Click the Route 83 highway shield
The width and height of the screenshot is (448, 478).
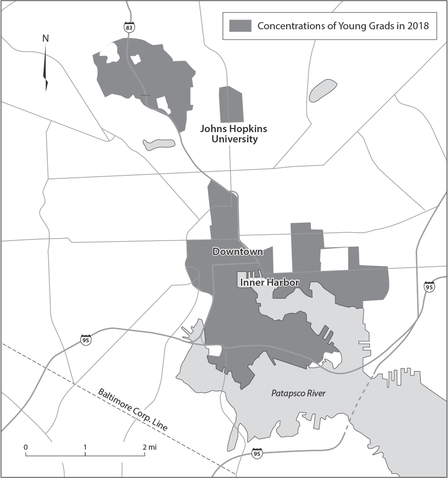pyautogui.click(x=128, y=26)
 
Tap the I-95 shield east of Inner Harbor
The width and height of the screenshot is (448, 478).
pyautogui.click(x=429, y=287)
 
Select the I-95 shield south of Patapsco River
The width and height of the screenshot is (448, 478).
pyautogui.click(x=257, y=453)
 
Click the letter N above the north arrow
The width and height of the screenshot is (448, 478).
pyautogui.click(x=45, y=38)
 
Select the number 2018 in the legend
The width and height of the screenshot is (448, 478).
pyautogui.click(x=417, y=26)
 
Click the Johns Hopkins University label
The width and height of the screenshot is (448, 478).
pyautogui.click(x=233, y=134)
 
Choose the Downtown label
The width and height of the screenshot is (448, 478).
pyautogui.click(x=237, y=252)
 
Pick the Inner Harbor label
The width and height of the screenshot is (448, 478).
pyautogui.click(x=269, y=282)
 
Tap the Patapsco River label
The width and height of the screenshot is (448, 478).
pyautogui.click(x=298, y=393)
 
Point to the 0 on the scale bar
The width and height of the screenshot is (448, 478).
pyautogui.click(x=25, y=447)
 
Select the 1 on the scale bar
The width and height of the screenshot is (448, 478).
pyautogui.click(x=85, y=447)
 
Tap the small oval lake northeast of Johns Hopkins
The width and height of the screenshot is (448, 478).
pyautogui.click(x=323, y=90)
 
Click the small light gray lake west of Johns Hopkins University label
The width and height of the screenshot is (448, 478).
pyautogui.click(x=159, y=144)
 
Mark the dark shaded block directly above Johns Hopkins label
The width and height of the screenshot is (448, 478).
pyautogui.click(x=231, y=104)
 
